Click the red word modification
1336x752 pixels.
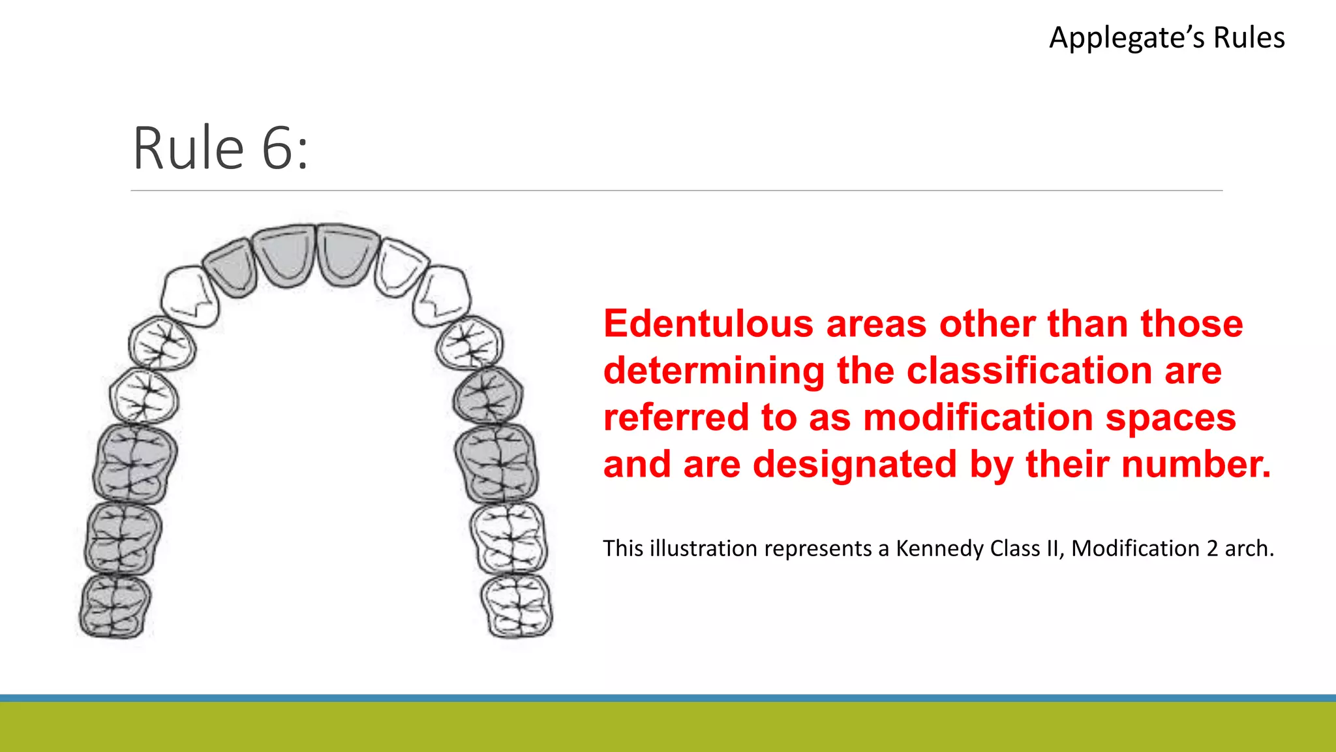977,418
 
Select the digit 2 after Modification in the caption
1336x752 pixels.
1211,548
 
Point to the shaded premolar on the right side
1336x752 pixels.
488,395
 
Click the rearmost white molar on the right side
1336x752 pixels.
517,604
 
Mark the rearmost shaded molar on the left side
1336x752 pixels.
115,605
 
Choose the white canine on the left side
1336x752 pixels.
189,295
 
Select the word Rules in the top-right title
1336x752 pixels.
1249,38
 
